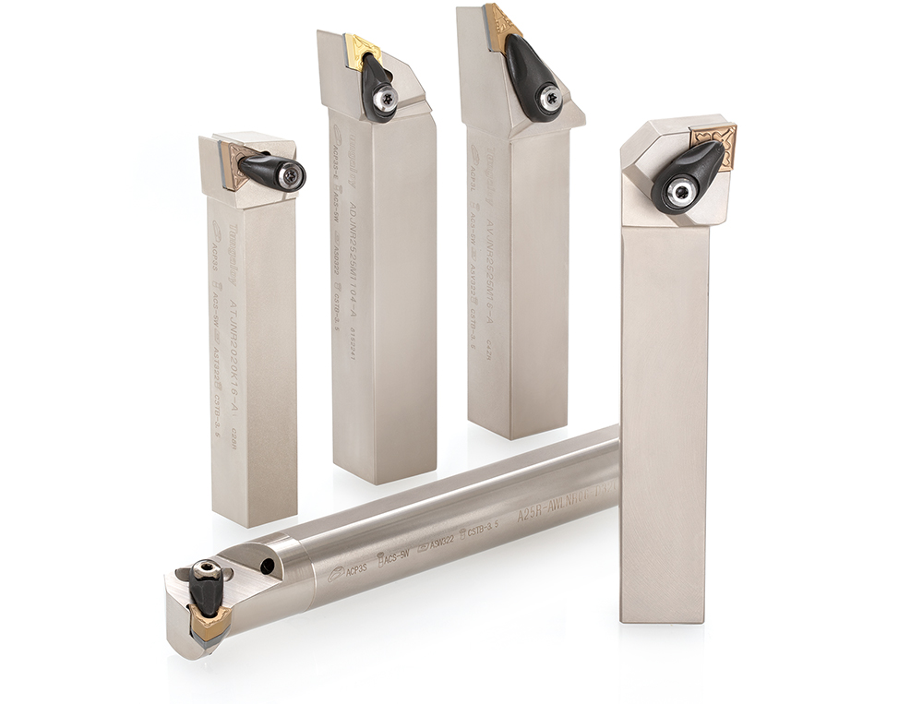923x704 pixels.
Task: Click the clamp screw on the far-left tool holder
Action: coord(293,174)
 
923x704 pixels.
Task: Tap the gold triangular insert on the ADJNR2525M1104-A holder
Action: coord(360,49)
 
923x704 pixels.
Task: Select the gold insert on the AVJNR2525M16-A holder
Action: coord(500,25)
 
